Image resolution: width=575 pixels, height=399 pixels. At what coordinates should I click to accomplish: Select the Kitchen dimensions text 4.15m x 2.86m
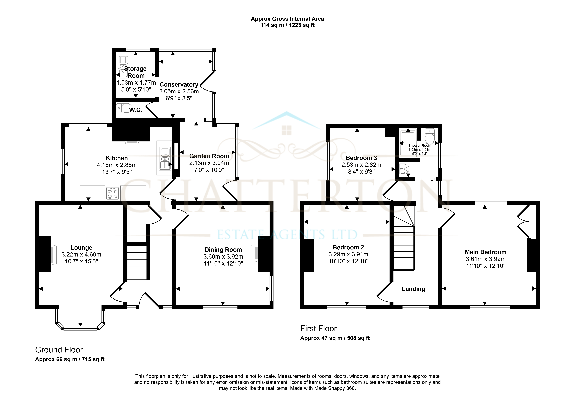[117, 165]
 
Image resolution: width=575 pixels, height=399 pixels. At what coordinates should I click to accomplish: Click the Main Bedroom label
[486, 252]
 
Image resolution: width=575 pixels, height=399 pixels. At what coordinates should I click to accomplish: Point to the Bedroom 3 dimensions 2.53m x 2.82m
[361, 165]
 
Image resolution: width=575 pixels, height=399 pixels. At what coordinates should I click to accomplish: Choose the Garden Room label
[209, 156]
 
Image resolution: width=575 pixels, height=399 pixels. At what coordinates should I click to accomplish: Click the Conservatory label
[179, 84]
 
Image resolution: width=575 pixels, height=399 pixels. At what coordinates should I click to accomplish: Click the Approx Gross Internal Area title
[287, 19]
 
